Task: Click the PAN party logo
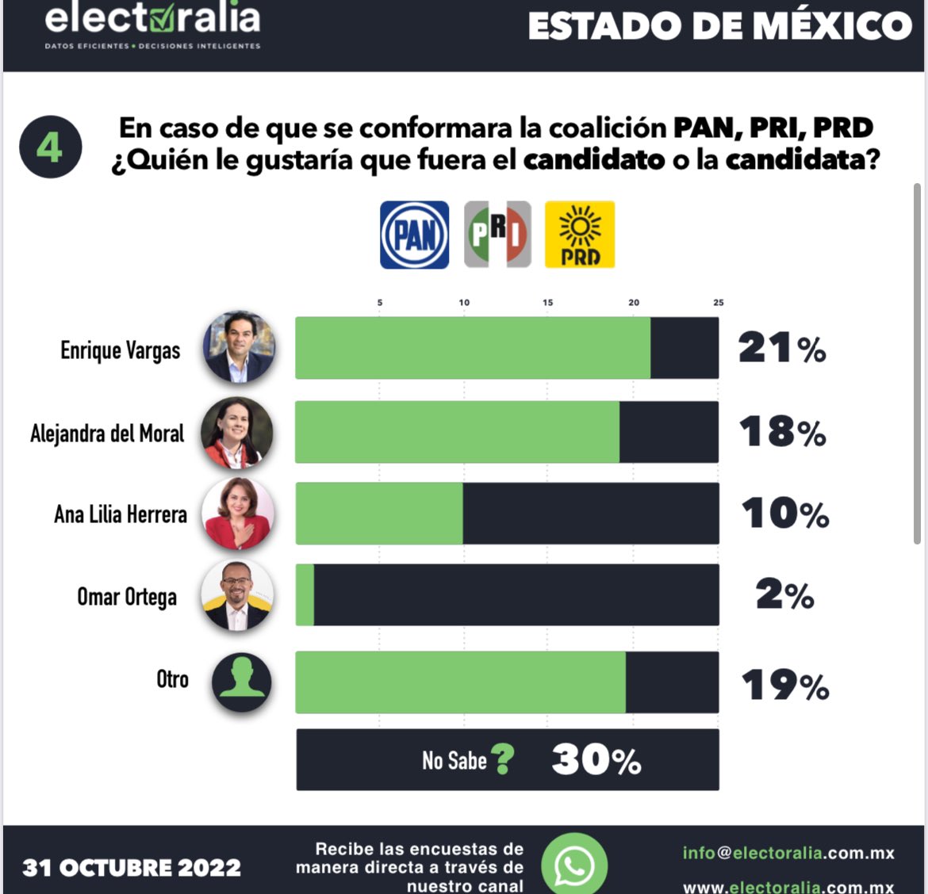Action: pos(414,235)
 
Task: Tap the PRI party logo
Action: pos(497,235)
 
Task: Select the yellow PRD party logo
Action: pos(580,235)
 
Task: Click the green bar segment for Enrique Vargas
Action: pos(473,348)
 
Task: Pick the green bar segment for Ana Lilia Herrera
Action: pos(379,514)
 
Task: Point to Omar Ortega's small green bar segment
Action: pos(305,595)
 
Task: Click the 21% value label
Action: pos(782,348)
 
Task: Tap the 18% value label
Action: pos(782,432)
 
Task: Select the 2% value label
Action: pos(784,595)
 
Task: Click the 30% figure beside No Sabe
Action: pos(596,760)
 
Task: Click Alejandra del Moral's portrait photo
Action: pos(236,433)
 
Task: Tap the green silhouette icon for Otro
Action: pos(241,682)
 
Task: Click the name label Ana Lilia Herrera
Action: pos(121,514)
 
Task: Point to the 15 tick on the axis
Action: pos(548,303)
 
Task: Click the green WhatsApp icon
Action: pos(574,864)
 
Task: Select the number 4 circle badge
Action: pos(50,147)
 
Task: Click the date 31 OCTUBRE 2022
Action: pos(132,868)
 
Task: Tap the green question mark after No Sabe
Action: pos(502,759)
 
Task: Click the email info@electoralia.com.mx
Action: pos(788,853)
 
